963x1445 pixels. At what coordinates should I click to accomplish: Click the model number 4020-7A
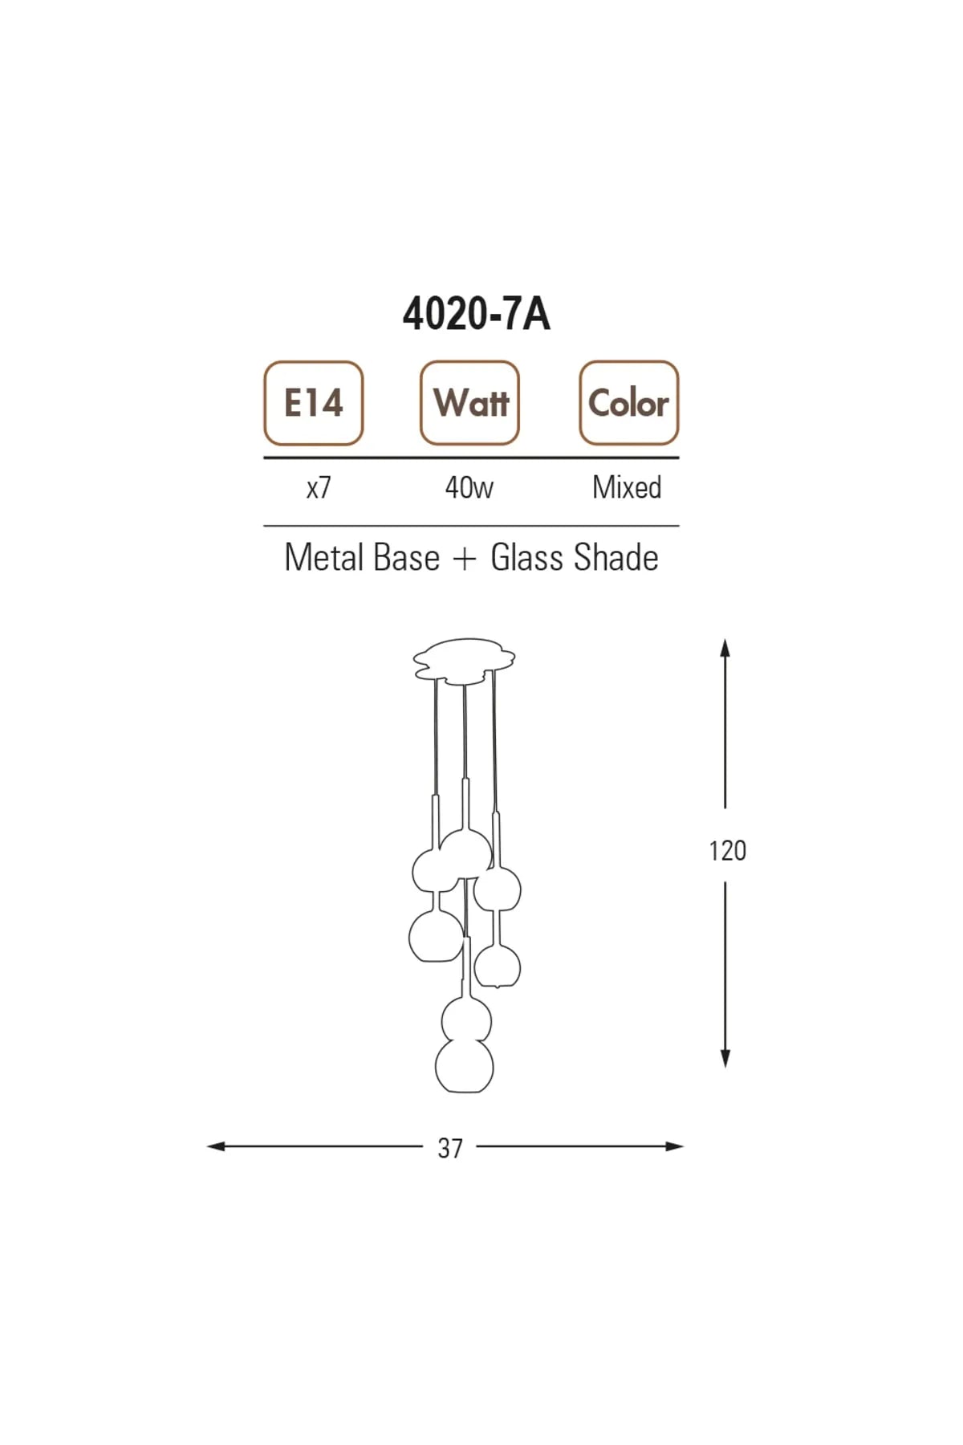click(476, 314)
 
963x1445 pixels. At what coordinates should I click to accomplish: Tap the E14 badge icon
click(314, 403)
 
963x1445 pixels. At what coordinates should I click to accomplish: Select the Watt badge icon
click(470, 403)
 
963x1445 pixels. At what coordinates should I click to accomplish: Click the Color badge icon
click(628, 403)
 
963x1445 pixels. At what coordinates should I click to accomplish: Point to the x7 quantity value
click(319, 487)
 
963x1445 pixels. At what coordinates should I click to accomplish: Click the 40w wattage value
click(469, 487)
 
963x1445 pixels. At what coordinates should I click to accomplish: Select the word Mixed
click(627, 487)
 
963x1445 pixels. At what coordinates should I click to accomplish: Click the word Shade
click(616, 558)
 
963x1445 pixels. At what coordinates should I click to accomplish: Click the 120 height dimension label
click(727, 851)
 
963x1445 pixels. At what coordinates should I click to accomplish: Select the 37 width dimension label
click(450, 1149)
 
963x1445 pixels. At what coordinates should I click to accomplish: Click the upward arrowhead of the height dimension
click(725, 647)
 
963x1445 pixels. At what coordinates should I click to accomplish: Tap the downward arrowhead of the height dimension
click(725, 1059)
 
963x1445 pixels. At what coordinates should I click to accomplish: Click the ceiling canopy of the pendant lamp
click(464, 661)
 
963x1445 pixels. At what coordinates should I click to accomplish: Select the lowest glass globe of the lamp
click(464, 1066)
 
